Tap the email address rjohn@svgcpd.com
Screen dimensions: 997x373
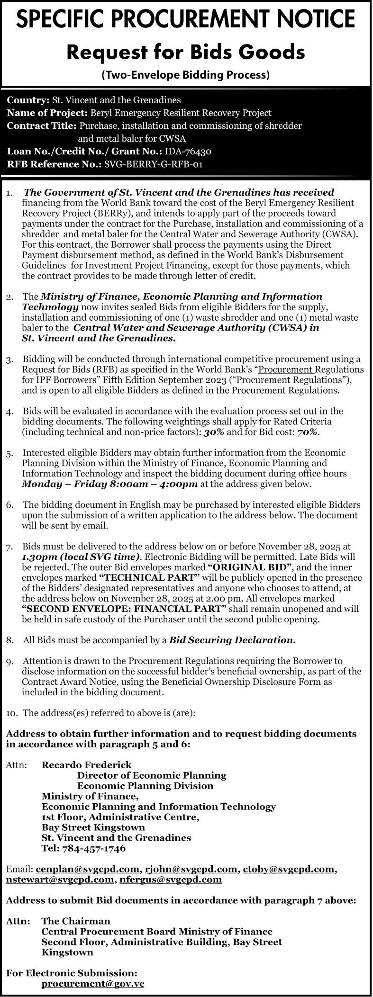tap(191, 869)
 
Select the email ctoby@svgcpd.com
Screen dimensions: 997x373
tap(289, 869)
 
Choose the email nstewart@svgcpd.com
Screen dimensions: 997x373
tap(59, 880)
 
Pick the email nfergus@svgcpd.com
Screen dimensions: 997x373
tap(171, 880)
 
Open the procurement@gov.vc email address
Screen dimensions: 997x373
tap(93, 984)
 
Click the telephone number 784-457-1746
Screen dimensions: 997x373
tap(93, 848)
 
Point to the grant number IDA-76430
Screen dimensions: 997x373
tap(188, 152)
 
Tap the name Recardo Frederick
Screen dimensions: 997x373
tap(87, 765)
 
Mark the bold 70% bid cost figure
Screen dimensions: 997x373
tap(308, 432)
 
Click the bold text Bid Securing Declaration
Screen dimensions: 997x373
tap(232, 640)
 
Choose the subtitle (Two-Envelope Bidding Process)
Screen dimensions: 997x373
tap(186, 75)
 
